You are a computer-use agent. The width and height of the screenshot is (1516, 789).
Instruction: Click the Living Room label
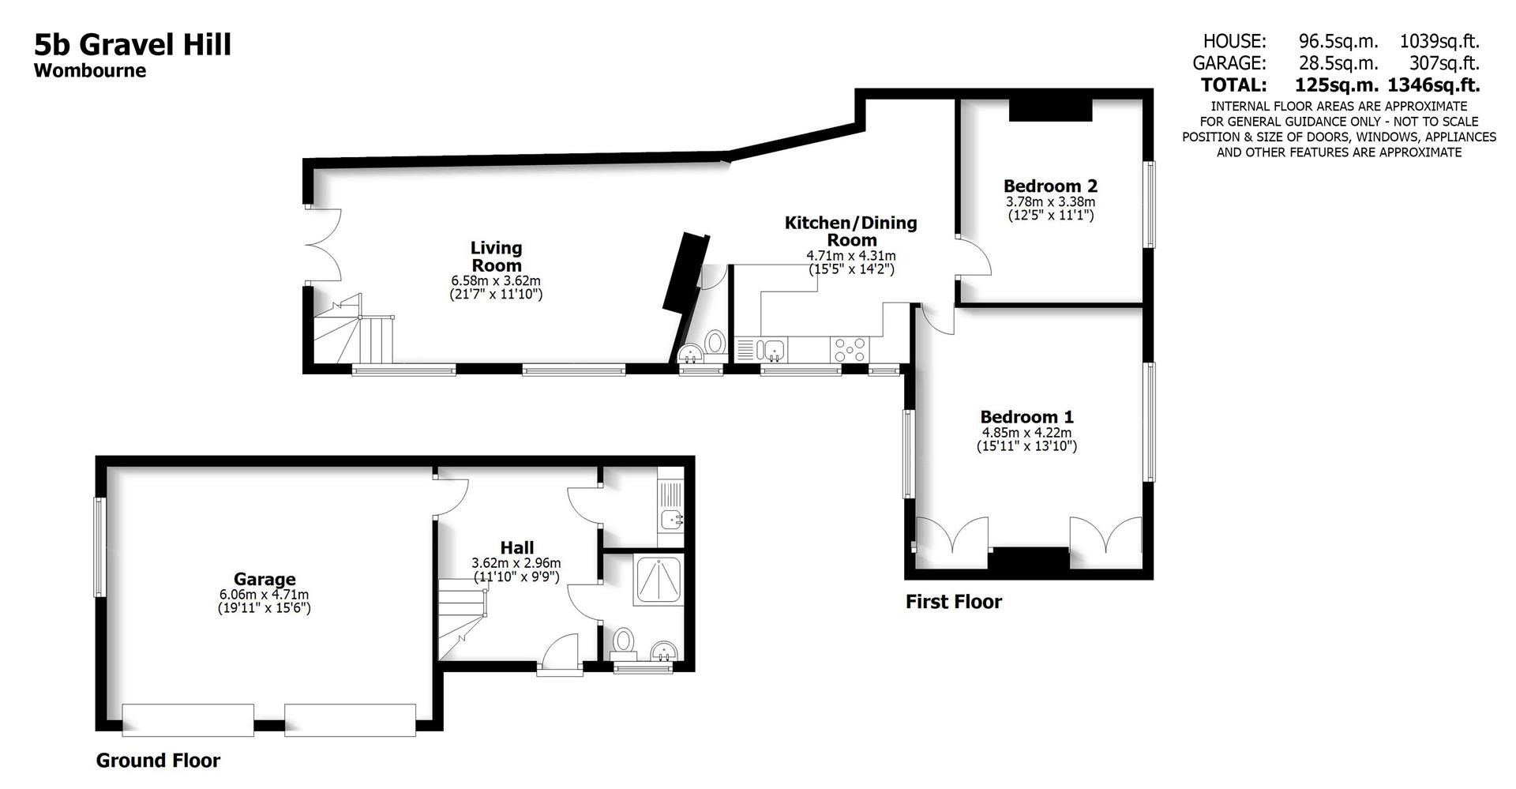click(496, 257)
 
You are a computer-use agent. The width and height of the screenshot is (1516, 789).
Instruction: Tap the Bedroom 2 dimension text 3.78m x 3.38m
click(1050, 202)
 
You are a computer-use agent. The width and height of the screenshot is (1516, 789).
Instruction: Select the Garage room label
click(265, 580)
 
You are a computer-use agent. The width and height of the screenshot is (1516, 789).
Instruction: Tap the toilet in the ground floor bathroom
click(624, 640)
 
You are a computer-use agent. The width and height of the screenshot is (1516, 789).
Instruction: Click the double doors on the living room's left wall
click(324, 245)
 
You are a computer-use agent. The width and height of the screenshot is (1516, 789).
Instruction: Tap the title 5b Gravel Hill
click(133, 44)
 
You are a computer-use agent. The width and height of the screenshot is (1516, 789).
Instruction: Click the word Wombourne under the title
click(90, 70)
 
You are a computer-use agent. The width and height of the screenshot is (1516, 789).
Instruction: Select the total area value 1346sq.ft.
click(1434, 85)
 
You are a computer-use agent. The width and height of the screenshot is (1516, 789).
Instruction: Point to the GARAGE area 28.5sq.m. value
click(1338, 63)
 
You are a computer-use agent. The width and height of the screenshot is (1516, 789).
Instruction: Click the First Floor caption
click(953, 602)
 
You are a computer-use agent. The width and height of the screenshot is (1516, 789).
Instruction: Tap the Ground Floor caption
click(158, 761)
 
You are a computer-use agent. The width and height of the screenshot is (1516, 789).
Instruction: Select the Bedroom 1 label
click(1026, 417)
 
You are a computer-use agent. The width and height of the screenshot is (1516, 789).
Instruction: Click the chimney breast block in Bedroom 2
click(1050, 110)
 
